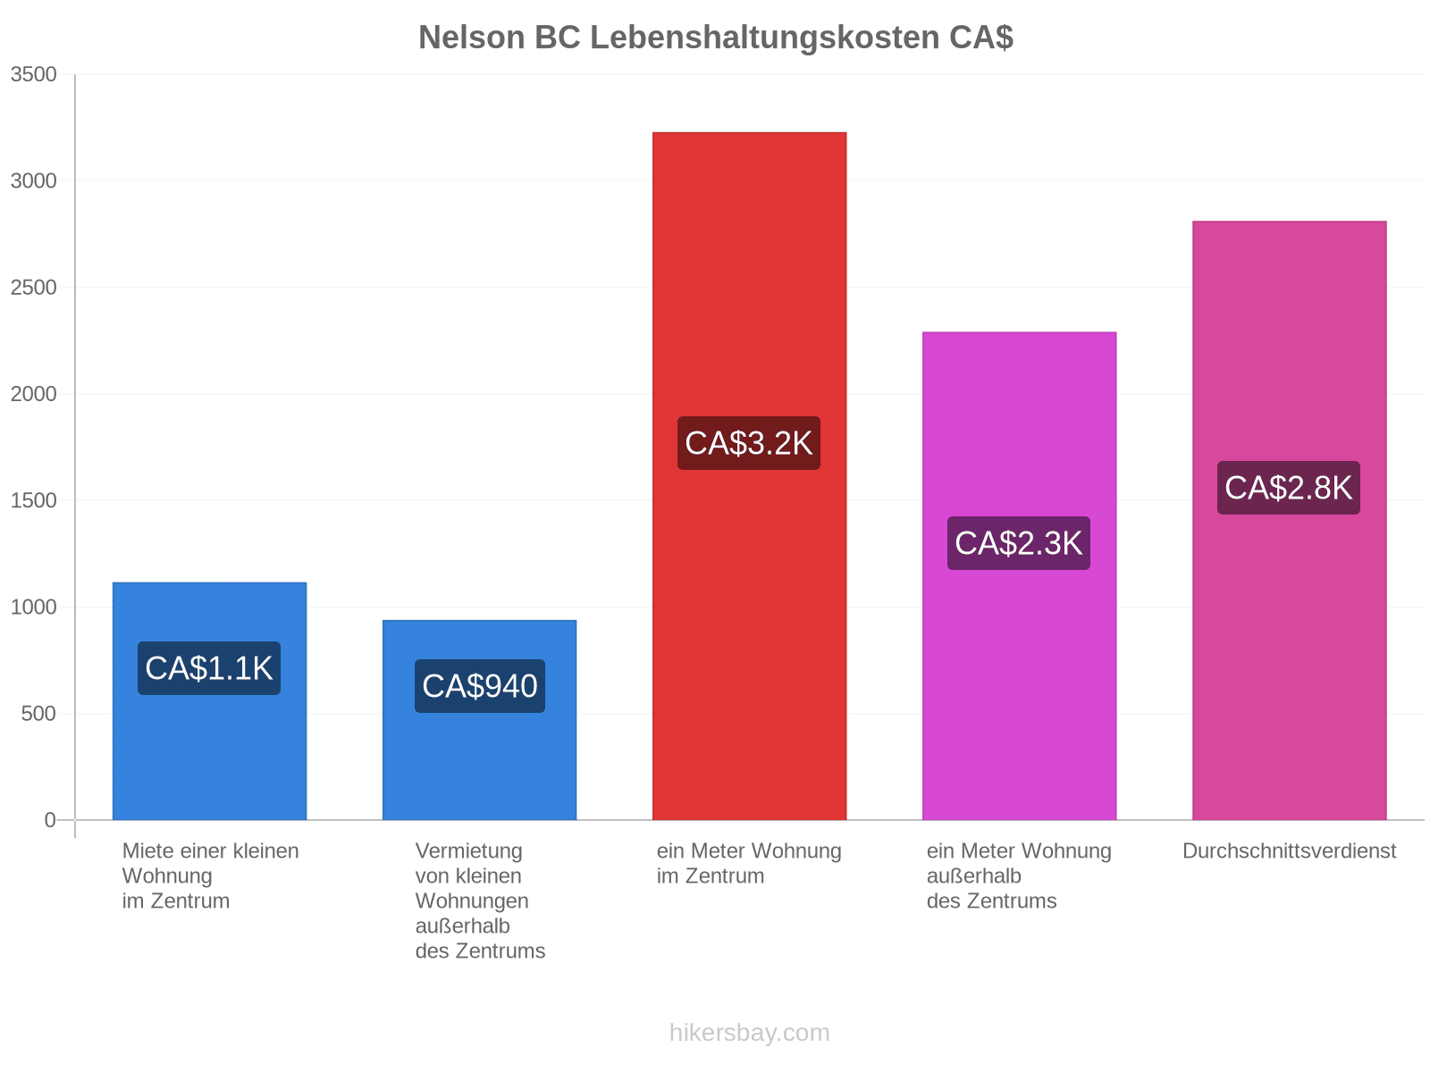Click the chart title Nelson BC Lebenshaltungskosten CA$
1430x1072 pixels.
tap(715, 38)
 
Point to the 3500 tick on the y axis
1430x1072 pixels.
tap(33, 74)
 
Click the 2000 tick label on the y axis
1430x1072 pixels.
tap(33, 393)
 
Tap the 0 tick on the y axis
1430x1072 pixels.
tap(50, 819)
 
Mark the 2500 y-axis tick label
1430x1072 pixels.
tap(33, 287)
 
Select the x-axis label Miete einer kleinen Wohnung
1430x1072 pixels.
tap(210, 875)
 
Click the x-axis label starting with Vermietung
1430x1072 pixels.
tap(479, 900)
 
